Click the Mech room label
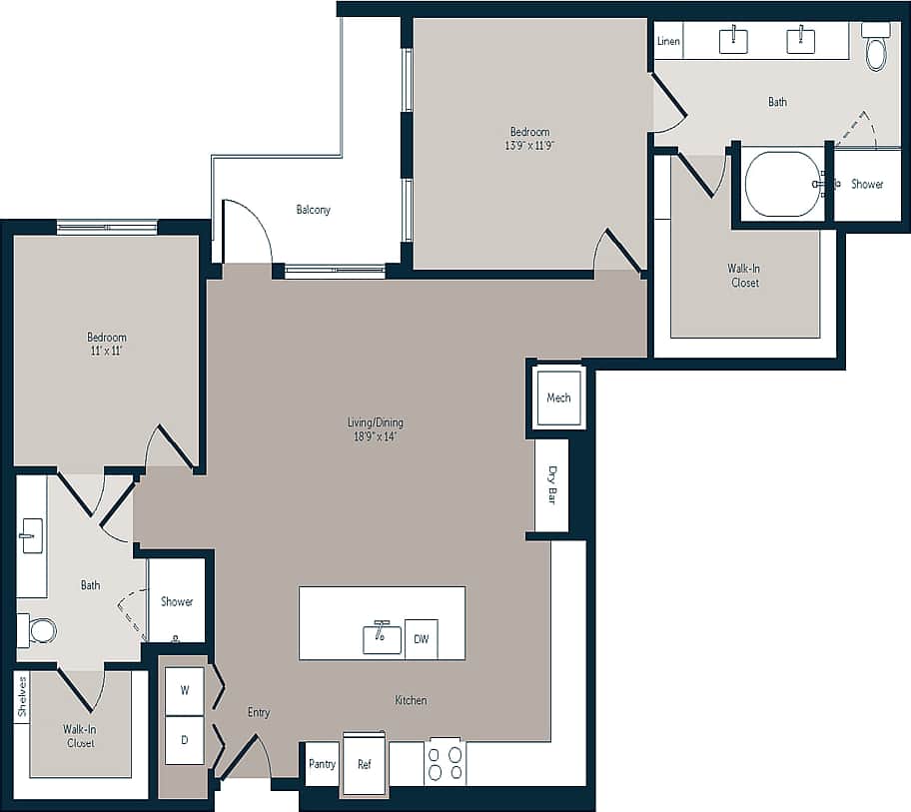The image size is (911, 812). click(558, 398)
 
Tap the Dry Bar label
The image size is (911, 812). click(551, 485)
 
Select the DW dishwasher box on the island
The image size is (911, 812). click(421, 639)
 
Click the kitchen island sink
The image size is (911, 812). click(382, 638)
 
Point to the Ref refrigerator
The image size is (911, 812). click(365, 764)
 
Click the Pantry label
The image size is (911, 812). click(322, 764)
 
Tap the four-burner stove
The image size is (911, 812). click(445, 763)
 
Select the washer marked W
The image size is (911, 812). click(185, 689)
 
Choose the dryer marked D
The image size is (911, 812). click(185, 740)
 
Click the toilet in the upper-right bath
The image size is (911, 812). click(876, 50)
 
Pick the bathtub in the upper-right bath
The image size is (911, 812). click(783, 184)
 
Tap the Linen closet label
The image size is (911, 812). click(668, 41)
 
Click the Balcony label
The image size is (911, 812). click(313, 210)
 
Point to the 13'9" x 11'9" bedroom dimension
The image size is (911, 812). click(529, 145)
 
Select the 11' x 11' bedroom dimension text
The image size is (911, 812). click(106, 351)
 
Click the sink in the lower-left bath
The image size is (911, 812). click(31, 536)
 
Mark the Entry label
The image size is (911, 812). click(259, 712)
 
